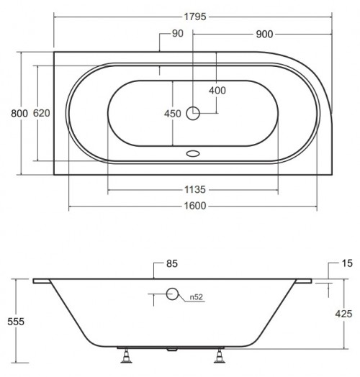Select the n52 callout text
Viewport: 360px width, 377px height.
pos(194,296)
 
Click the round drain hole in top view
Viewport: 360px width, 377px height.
pos(193,112)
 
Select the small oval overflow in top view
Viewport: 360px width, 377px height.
pos(192,153)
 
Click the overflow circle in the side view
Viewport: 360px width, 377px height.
pos(172,293)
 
